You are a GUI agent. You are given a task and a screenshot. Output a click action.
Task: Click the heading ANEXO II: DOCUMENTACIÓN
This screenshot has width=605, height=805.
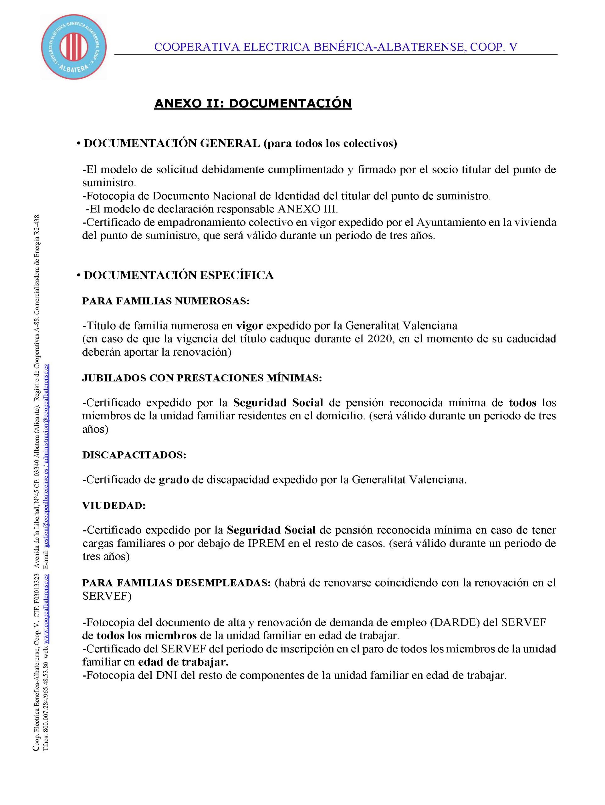(253, 103)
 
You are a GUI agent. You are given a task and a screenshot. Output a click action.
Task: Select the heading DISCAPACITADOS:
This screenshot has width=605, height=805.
(134, 455)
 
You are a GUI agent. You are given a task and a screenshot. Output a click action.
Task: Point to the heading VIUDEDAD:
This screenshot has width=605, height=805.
(114, 506)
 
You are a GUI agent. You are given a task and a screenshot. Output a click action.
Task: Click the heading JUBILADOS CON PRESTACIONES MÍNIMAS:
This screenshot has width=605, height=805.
(202, 378)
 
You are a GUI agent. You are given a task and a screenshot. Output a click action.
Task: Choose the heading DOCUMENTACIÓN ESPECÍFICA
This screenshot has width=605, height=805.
(178, 275)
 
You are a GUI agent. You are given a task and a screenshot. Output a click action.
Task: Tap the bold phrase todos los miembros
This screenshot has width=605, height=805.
(147, 636)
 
